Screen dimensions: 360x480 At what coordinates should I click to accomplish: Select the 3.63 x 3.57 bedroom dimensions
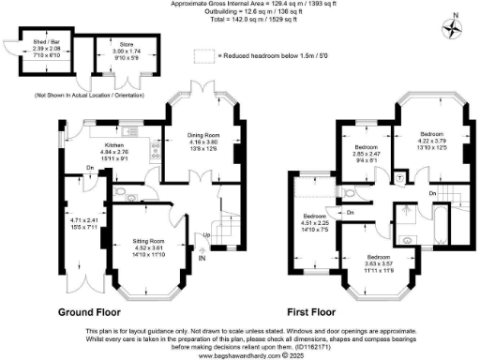click(x=380, y=264)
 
